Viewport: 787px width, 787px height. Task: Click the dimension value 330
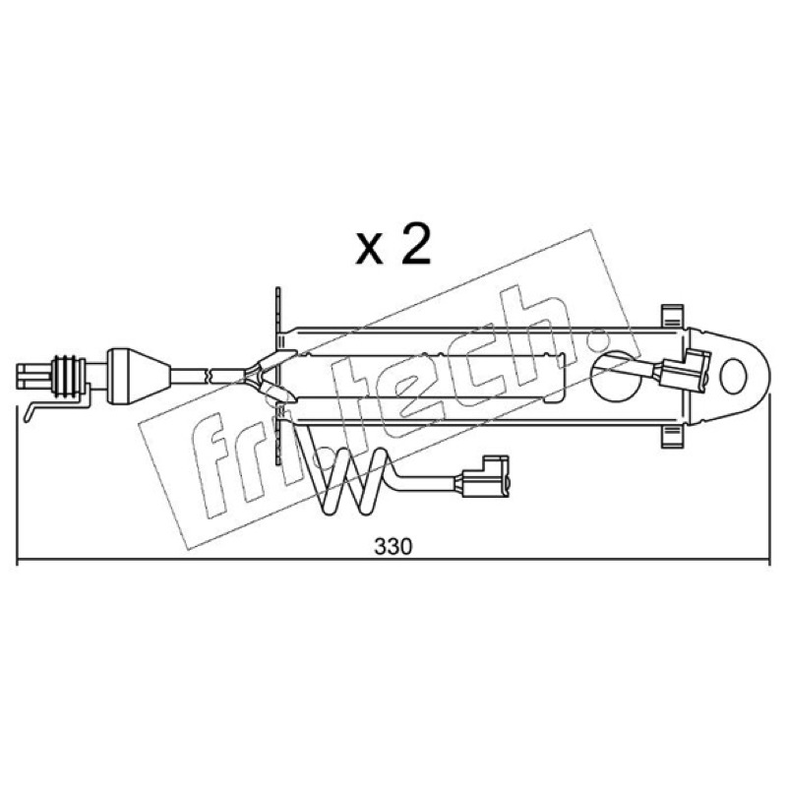[x=393, y=546]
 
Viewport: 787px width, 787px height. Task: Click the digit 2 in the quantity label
[x=416, y=246]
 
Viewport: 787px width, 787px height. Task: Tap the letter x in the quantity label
[x=369, y=250]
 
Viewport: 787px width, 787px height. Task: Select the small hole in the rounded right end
[x=733, y=376]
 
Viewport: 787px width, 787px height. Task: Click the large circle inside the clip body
[x=616, y=377]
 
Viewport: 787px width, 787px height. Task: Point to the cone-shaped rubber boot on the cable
[x=139, y=376]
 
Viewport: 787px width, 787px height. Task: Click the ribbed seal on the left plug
[x=67, y=377]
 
